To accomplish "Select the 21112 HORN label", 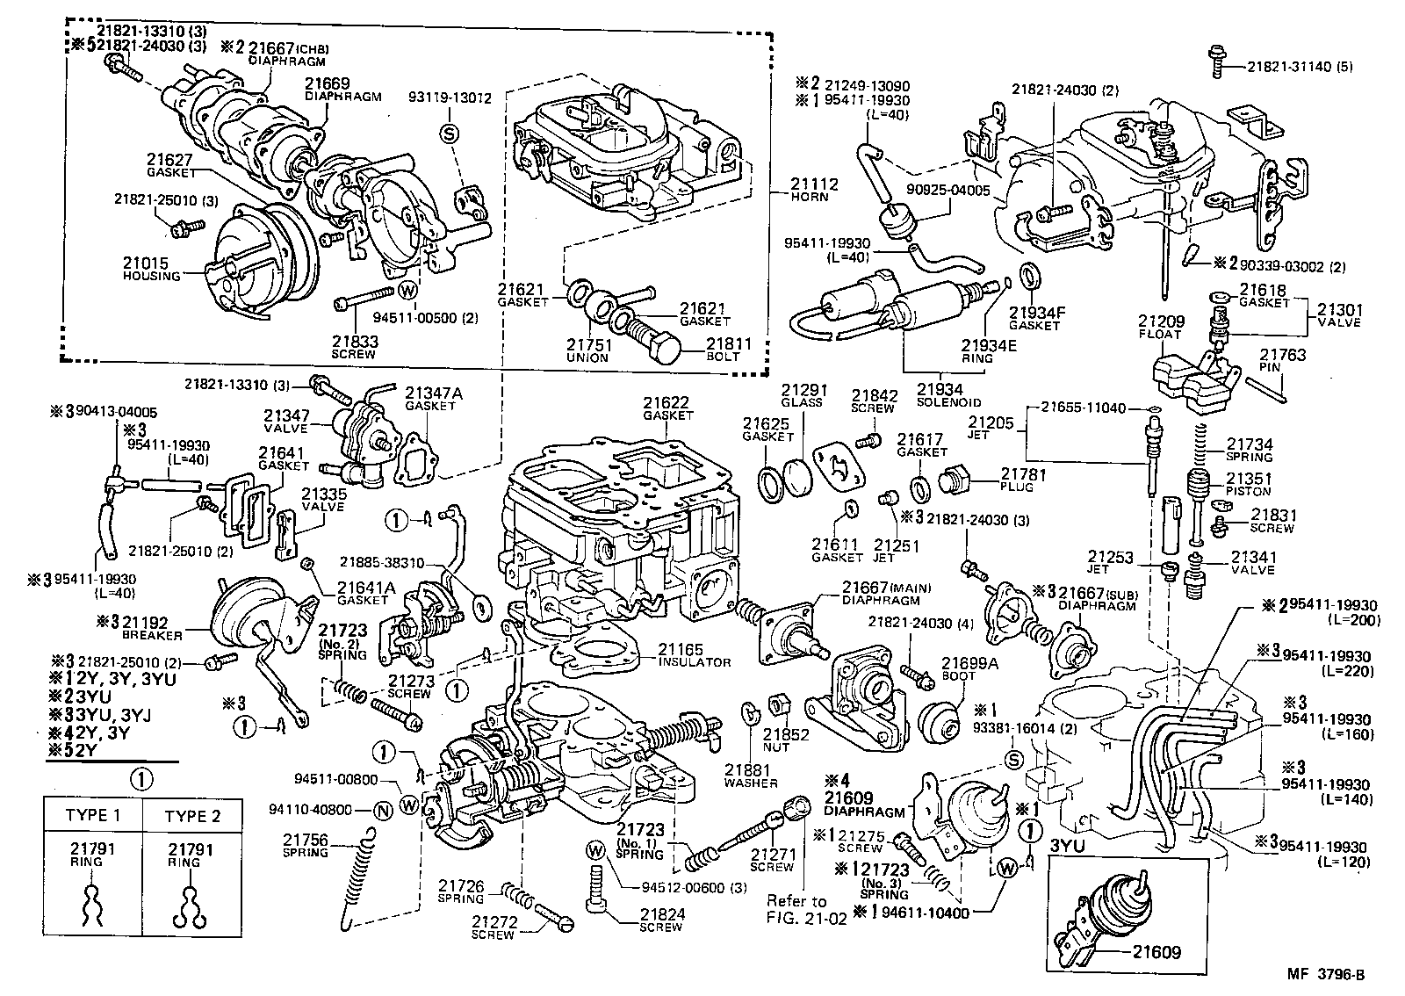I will click(x=813, y=190).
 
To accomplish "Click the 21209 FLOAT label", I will click(x=1161, y=327).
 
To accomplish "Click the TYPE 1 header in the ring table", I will click(x=92, y=816).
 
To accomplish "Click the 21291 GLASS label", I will click(x=802, y=396).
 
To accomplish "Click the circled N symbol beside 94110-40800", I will click(x=382, y=810).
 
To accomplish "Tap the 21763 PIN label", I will click(x=1283, y=361).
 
